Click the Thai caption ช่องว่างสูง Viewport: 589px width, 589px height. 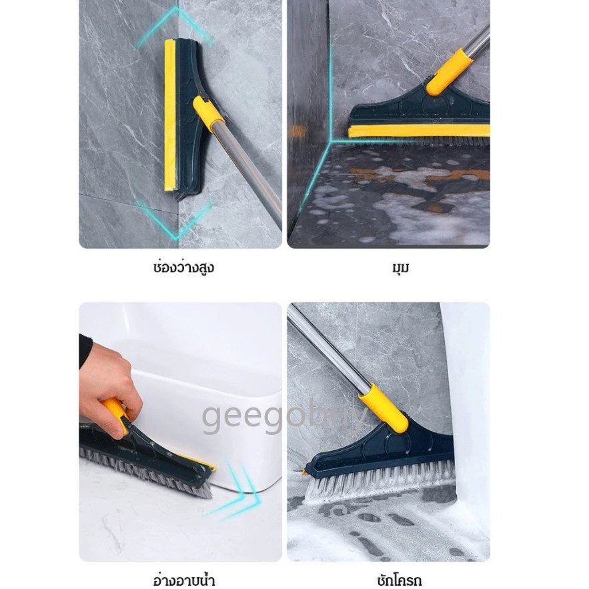(183, 267)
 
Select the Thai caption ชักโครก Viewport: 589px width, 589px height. (400, 579)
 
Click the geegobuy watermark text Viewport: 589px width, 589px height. (284, 416)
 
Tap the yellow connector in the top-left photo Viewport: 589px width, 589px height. (207, 111)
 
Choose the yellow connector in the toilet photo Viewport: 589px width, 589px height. (384, 408)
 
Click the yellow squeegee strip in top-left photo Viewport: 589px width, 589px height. (169, 115)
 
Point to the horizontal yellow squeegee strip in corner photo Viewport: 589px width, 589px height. (418, 131)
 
